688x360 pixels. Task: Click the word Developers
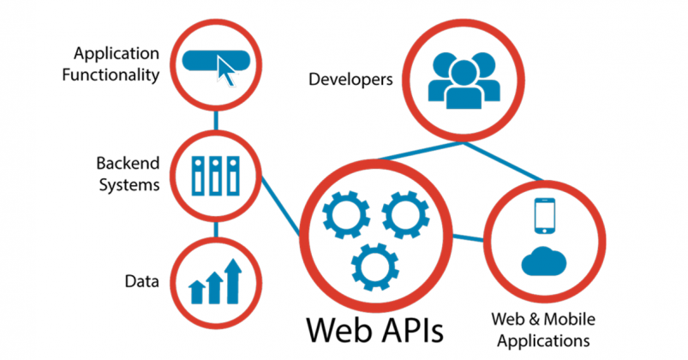(350, 81)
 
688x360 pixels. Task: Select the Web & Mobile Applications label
(540, 329)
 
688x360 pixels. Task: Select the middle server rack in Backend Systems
(214, 176)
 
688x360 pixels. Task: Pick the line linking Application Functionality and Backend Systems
(215, 121)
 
